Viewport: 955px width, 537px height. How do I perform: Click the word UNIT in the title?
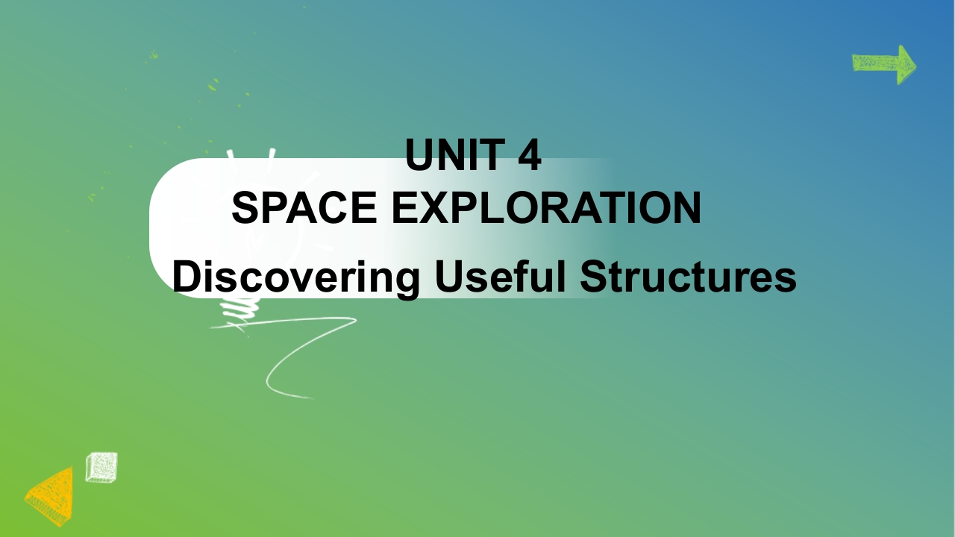point(455,154)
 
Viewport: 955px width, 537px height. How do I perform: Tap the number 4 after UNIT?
point(530,154)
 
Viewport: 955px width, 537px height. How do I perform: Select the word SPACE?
point(304,207)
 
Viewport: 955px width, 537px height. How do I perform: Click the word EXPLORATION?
point(546,207)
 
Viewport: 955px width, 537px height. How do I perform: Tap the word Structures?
point(688,276)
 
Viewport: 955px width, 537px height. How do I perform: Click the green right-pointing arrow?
point(884,64)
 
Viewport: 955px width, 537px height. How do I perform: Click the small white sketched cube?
point(101,468)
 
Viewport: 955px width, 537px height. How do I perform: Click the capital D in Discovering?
point(187,276)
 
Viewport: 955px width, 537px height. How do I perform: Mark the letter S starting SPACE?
point(246,207)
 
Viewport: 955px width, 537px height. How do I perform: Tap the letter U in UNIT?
point(419,154)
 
